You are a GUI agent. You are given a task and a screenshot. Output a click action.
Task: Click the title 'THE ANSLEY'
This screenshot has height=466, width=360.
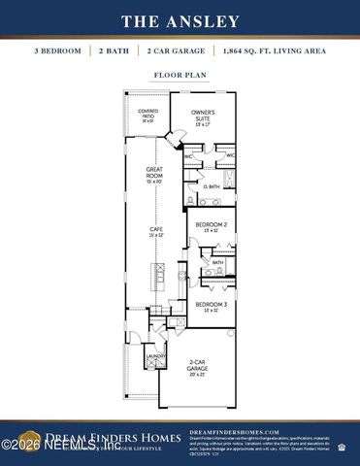(x=180, y=20)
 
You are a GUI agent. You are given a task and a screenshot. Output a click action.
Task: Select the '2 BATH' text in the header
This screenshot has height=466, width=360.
(x=115, y=50)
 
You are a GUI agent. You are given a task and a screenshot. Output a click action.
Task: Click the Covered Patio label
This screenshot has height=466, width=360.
(x=147, y=116)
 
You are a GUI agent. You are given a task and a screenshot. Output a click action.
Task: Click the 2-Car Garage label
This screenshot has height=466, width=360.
(x=197, y=368)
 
